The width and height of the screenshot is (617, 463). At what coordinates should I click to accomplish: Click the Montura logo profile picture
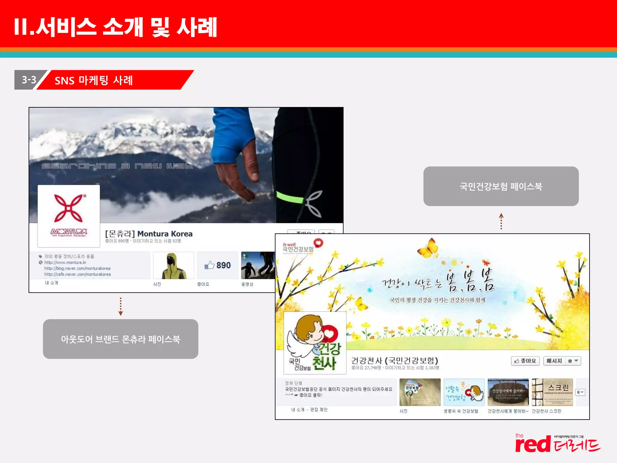[69, 216]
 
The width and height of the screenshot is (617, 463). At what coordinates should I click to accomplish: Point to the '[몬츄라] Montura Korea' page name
[149, 234]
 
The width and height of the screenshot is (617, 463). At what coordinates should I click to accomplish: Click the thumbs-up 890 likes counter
[218, 265]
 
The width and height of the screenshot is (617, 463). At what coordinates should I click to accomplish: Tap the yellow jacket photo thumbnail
[173, 266]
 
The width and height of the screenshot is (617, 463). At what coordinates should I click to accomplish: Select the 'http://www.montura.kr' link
[65, 262]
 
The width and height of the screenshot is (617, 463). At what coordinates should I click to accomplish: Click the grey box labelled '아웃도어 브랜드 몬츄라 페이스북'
[121, 339]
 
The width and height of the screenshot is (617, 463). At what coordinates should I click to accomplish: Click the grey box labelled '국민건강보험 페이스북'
[501, 186]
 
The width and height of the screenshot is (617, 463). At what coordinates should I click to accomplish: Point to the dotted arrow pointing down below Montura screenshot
[121, 306]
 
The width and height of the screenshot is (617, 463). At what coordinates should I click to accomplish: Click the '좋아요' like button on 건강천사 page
[525, 361]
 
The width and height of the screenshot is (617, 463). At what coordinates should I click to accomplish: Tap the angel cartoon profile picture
[315, 343]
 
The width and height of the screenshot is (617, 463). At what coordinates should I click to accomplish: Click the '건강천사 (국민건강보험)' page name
[395, 360]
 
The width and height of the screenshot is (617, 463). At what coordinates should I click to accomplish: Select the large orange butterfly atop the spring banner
[428, 248]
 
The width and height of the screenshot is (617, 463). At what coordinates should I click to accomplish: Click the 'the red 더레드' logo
[557, 443]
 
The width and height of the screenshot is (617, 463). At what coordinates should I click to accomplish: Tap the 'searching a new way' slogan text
[117, 166]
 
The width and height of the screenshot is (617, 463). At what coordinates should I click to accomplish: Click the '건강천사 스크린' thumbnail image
[552, 392]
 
